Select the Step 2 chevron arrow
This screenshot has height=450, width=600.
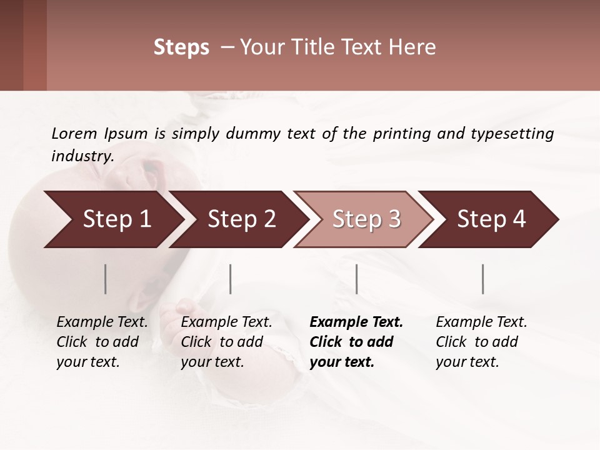241,219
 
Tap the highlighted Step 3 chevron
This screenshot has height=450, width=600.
366,219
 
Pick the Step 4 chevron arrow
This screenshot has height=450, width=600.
491,219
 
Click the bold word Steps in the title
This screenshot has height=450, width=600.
181,47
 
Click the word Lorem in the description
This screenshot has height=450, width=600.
74,133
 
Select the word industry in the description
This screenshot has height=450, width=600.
82,156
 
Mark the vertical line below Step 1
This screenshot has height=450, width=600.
106,279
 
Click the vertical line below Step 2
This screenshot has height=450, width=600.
231,279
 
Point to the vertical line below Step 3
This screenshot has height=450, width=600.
357,279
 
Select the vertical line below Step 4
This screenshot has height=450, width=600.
483,279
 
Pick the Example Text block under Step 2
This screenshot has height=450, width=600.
226,342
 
